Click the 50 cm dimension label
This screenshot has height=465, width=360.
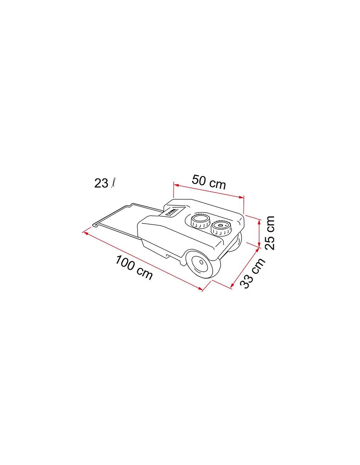[208, 182]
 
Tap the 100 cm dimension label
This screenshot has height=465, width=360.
[134, 267]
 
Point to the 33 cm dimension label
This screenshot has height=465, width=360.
[253, 273]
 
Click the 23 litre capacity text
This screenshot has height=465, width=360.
[104, 183]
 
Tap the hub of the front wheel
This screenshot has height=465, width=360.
[201, 262]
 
